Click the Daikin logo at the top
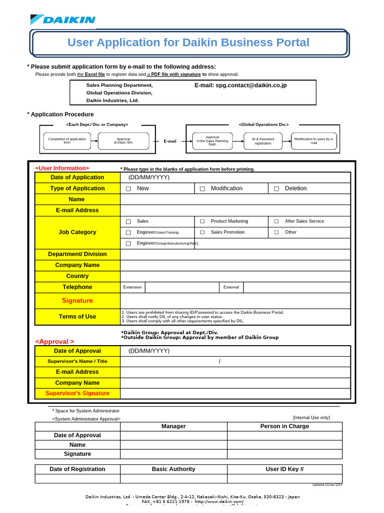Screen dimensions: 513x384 [x=63, y=20]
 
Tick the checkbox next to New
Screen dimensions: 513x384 [x=128, y=189]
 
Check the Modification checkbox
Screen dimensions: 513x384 [x=202, y=189]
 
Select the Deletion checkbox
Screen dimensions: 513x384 [x=276, y=189]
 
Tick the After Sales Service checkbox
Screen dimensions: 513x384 [x=276, y=221]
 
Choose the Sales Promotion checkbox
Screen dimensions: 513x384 [x=202, y=232]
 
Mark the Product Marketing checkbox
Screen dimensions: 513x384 [x=202, y=221]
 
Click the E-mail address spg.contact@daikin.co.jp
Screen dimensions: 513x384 [x=240, y=86]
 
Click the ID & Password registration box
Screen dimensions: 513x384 [x=262, y=141]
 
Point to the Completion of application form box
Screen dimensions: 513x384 [x=67, y=141]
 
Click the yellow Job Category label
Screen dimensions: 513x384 [x=77, y=232]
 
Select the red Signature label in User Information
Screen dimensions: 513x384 [x=77, y=301]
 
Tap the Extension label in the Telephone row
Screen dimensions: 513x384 [x=132, y=287]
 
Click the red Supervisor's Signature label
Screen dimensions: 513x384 [x=77, y=393]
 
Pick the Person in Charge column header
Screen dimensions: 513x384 [x=284, y=426]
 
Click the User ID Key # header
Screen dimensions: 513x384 [x=284, y=469]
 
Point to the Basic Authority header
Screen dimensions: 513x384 [x=173, y=469]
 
